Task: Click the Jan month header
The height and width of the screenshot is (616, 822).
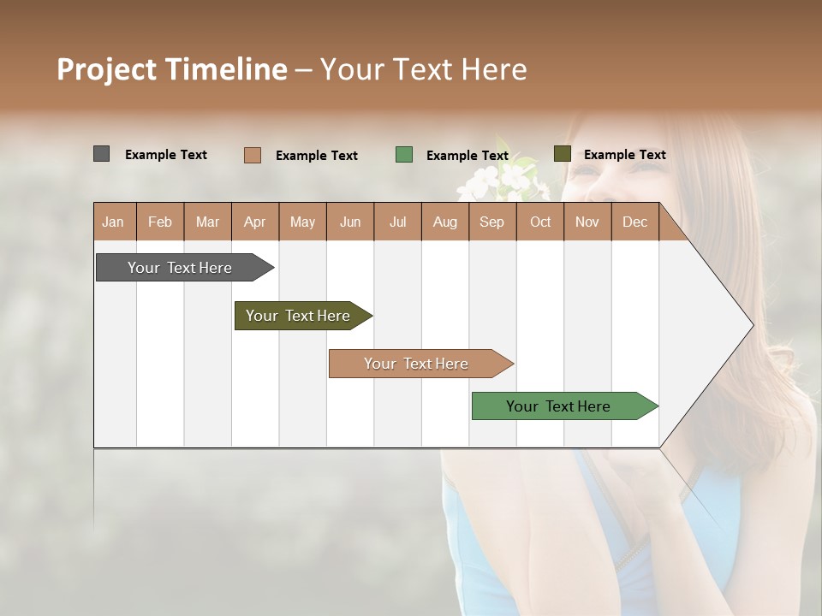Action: (113, 222)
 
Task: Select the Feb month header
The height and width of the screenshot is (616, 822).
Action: (160, 222)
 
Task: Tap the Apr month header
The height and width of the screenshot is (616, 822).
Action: (254, 222)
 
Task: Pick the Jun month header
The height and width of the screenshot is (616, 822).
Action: (350, 222)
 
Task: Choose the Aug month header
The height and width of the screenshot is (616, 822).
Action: (444, 222)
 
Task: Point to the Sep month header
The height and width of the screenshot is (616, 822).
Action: (491, 222)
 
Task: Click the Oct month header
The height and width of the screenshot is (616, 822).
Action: (540, 222)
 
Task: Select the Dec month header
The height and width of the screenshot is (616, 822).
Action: (634, 222)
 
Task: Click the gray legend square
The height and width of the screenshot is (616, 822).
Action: (101, 154)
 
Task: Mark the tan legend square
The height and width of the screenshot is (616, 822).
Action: (252, 155)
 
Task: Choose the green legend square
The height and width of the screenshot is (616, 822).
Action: (404, 155)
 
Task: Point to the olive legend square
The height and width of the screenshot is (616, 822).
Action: (562, 154)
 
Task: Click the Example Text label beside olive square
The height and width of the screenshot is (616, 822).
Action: (624, 155)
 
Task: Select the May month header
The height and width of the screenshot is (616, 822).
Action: (302, 222)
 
